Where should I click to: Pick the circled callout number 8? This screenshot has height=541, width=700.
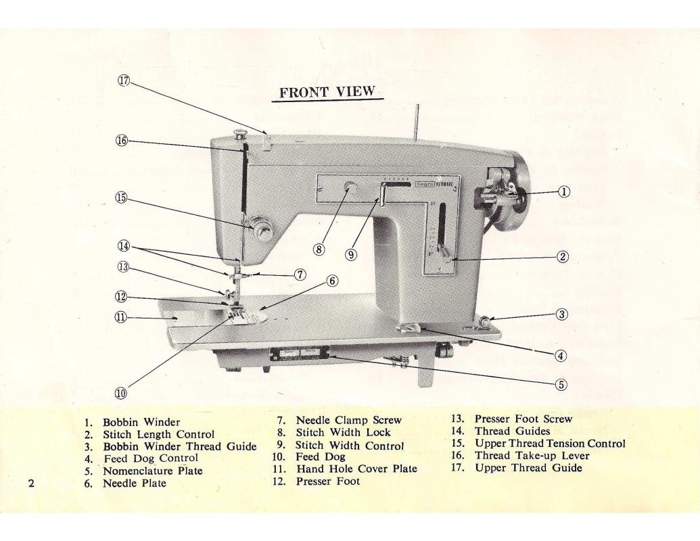pos(319,250)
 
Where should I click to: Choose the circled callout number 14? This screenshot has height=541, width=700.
pos(124,248)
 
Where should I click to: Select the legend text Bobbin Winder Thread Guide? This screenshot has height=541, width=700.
pos(179,446)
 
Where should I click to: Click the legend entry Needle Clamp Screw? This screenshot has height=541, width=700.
pos(349,420)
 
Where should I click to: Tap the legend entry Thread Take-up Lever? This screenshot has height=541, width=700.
pos(520,456)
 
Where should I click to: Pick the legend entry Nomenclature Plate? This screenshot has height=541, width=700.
pos(152,471)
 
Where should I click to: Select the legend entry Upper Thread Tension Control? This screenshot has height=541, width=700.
pos(549,444)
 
